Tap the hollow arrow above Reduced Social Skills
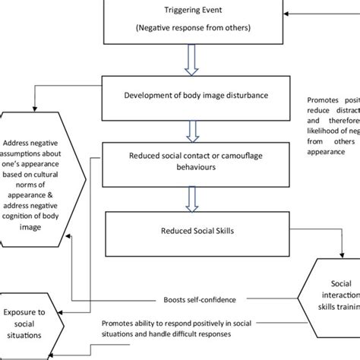tap(196, 197)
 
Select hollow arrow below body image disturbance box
tap(196, 125)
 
